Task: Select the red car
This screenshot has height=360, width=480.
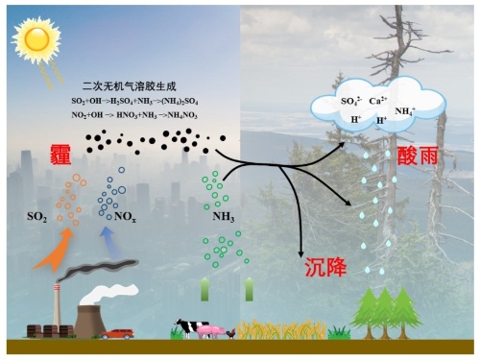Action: (119, 333)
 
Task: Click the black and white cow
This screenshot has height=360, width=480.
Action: (188, 328)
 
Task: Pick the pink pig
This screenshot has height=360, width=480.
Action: (213, 331)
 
